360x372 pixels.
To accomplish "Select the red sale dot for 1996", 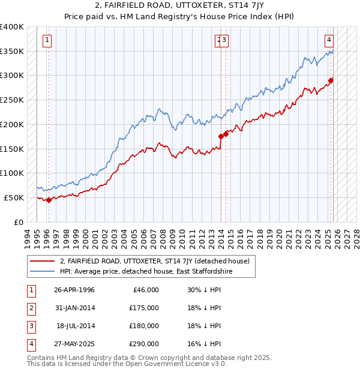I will tap(49, 200).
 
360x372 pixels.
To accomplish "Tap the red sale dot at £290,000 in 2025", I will tap(331, 80).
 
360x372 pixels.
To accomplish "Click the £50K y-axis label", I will tap(14, 197).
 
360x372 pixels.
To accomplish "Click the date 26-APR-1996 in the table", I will tap(74, 290).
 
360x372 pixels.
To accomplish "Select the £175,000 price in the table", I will tap(144, 308).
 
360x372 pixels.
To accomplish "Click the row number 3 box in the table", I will tap(30, 326).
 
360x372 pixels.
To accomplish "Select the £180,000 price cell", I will tap(144, 326).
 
